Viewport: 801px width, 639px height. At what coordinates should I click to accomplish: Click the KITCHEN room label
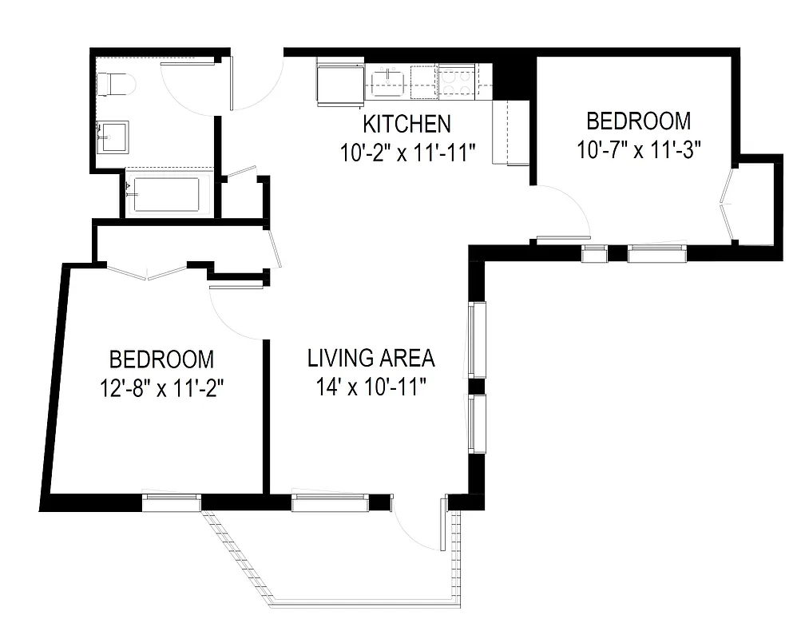tap(407, 125)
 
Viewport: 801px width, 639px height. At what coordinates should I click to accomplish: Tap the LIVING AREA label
tap(371, 358)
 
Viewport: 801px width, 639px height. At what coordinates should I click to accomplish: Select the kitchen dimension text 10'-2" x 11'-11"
tap(407, 152)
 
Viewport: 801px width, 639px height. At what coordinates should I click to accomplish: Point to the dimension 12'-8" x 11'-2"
tap(161, 389)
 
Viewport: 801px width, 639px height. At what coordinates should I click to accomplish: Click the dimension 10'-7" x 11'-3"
tap(638, 149)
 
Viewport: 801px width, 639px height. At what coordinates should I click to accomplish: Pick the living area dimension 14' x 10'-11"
tap(371, 388)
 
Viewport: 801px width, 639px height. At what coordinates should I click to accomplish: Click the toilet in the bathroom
tap(116, 83)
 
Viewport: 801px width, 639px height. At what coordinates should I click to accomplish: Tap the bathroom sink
tap(111, 135)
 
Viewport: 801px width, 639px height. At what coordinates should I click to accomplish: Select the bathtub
tap(167, 195)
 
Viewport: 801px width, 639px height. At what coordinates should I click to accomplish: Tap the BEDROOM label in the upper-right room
tap(638, 121)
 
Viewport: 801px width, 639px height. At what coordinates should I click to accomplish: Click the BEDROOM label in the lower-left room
tap(161, 359)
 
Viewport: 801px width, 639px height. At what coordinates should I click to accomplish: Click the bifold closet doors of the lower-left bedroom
tap(147, 272)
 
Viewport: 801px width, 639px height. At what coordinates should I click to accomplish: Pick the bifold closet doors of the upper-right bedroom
tap(726, 204)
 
